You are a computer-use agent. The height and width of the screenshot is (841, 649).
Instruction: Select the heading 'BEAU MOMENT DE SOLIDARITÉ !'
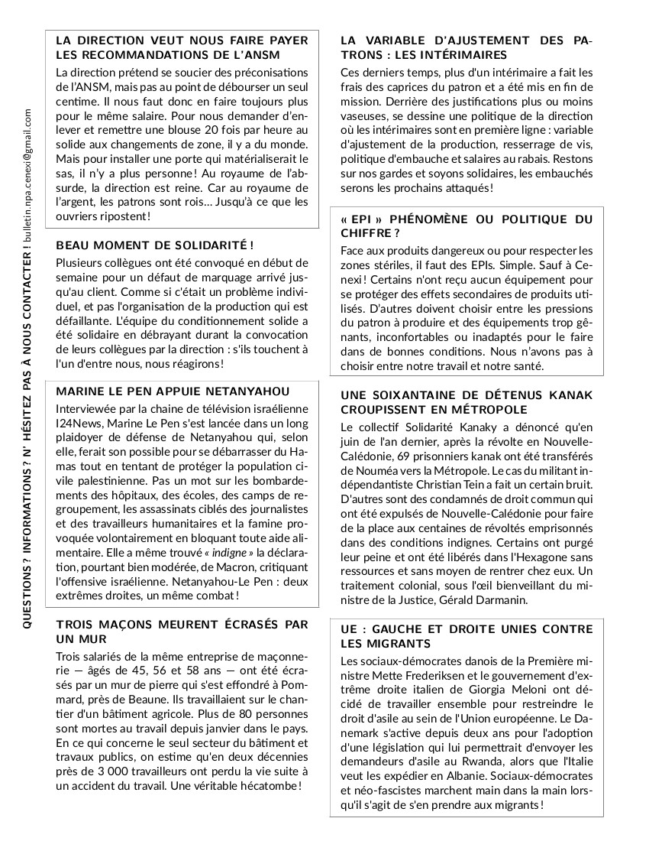154,245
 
